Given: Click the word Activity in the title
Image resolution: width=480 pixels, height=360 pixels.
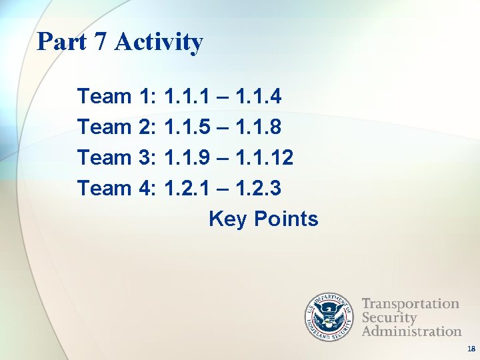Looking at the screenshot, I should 159,42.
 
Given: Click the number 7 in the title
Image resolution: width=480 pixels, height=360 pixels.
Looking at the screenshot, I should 99,41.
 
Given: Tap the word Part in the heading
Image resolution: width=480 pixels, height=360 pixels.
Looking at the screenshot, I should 62,41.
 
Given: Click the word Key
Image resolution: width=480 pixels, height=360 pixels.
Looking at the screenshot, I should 228,219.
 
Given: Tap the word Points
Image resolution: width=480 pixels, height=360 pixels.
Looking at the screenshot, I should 286,219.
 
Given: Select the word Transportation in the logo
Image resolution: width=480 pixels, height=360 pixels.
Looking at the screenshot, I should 410,304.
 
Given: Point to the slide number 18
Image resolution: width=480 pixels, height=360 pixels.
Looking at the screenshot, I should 471,349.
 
